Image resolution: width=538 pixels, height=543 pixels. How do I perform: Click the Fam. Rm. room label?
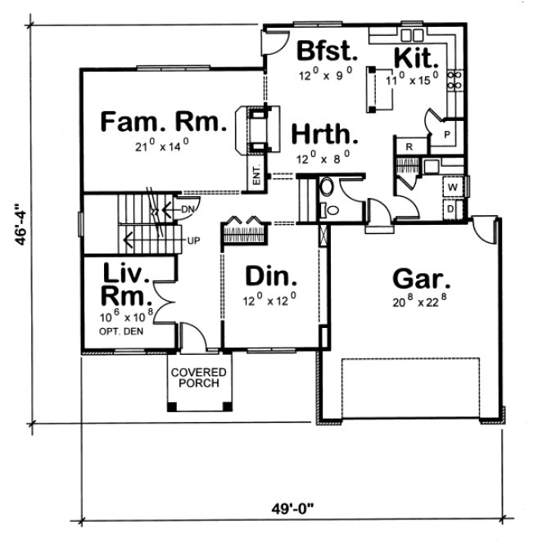point(162,123)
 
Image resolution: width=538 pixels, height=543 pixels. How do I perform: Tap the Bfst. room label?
point(327,51)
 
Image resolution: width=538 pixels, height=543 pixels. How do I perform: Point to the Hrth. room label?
point(324,133)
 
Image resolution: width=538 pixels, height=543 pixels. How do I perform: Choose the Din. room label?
point(270,277)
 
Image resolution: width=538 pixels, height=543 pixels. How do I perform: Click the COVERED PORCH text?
point(200,378)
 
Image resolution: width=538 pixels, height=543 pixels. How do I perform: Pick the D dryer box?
point(451,208)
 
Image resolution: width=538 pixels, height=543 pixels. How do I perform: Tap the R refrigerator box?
point(407,146)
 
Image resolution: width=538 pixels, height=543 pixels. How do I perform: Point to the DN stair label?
point(188,210)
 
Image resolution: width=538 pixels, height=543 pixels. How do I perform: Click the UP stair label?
point(193,240)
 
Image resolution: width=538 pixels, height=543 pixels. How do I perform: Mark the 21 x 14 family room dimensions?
point(162,147)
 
